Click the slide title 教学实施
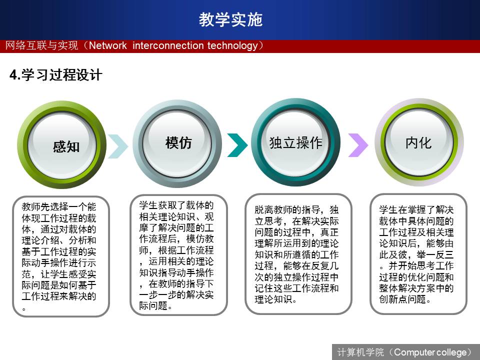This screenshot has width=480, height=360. (230, 19)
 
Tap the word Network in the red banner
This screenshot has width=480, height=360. (108, 45)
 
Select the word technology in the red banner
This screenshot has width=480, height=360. (232, 46)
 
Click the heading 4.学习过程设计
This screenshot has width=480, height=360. (55, 75)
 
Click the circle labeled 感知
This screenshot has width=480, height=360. (62, 144)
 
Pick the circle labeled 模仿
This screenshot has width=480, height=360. (177, 143)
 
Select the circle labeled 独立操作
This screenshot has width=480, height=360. (295, 142)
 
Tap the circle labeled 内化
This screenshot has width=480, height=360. (419, 142)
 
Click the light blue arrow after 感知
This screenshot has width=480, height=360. (118, 146)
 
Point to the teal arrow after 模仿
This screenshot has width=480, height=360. (237, 145)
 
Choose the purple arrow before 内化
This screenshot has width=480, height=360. (358, 145)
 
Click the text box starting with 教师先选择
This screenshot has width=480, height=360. (60, 256)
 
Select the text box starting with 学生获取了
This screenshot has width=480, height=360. (179, 255)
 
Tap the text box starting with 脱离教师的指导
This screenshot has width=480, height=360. (298, 254)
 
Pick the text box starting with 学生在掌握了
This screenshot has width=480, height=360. (418, 254)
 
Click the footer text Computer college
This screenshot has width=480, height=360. (430, 352)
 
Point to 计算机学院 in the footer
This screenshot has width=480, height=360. (360, 352)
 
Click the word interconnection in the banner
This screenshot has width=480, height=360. (168, 45)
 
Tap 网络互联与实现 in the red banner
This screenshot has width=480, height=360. (41, 45)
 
